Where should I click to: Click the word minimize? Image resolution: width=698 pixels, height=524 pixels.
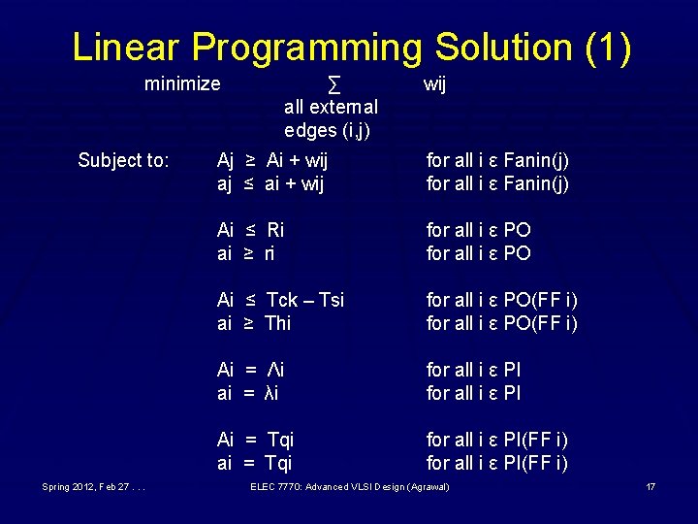182,84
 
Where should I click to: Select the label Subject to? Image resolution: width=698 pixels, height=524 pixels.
123,160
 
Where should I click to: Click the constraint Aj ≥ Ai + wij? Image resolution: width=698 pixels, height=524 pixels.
272,160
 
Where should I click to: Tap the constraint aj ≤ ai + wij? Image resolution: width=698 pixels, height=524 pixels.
270,183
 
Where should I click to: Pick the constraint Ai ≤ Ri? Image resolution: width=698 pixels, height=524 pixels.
250,230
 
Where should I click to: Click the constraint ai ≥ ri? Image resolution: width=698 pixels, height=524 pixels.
246,253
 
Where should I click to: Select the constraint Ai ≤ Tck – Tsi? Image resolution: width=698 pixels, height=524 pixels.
280,300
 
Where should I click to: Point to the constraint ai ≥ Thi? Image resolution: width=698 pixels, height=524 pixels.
253,323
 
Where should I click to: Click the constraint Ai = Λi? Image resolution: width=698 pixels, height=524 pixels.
250,370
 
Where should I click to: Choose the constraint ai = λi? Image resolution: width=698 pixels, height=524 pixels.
248,393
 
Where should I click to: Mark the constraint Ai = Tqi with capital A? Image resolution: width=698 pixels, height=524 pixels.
255,440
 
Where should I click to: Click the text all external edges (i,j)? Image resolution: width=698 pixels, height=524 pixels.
331,117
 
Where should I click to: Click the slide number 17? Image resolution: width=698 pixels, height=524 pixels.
650,486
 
